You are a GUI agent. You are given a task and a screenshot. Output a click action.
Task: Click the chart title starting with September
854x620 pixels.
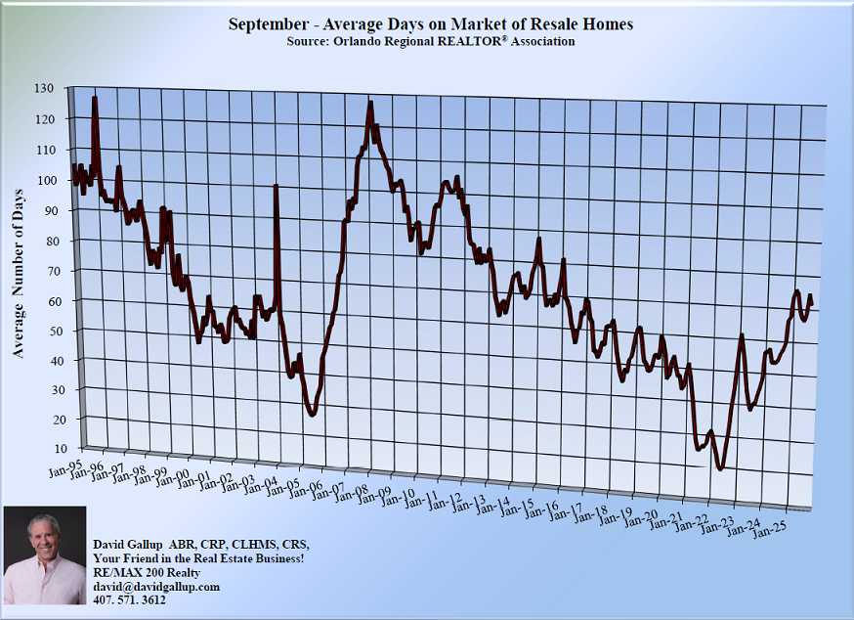point(430,23)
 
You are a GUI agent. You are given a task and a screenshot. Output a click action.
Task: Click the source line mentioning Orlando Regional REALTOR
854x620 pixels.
point(430,42)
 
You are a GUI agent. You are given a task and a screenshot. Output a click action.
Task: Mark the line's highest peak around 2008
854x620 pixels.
point(369,104)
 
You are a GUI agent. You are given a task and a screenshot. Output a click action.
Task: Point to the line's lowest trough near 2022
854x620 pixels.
point(721,468)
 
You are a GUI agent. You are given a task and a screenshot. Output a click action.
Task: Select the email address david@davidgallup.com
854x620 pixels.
point(156,586)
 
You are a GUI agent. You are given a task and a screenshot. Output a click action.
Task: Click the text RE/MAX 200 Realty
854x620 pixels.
point(147,572)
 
